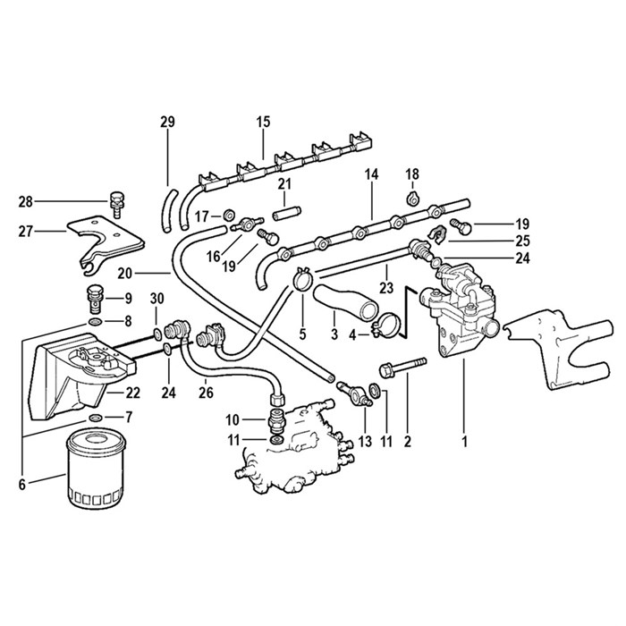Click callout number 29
point(167,122)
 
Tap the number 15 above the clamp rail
point(263,122)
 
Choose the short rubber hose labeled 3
point(343,300)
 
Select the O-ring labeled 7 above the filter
point(96,417)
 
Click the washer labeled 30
point(157,333)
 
